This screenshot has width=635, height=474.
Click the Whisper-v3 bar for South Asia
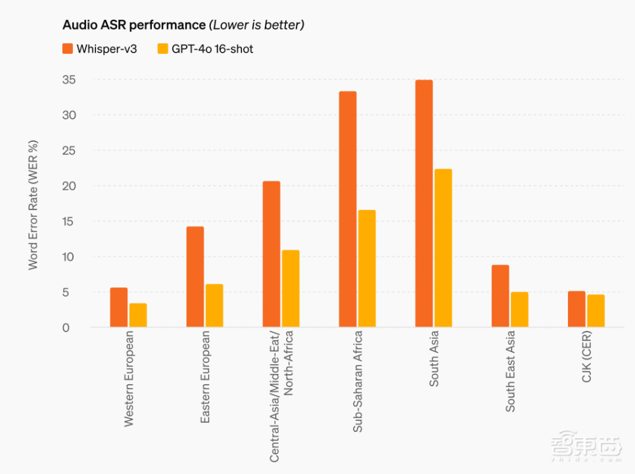point(424,204)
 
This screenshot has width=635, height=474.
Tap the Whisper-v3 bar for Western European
point(119,307)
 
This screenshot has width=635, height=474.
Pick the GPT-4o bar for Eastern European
point(214,305)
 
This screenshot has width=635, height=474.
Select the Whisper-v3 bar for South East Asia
point(500,295)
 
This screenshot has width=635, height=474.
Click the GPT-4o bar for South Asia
point(443,248)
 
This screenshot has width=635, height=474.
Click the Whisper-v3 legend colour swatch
point(68,49)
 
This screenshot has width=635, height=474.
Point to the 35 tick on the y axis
point(69,80)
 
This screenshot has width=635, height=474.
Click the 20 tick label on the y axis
point(69,186)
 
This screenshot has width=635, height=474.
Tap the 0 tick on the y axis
point(66,328)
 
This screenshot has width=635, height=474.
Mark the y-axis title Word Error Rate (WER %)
point(34,205)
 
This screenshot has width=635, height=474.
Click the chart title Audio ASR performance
point(134,26)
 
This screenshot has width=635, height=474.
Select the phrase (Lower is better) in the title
point(256,26)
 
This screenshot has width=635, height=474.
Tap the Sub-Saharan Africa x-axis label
point(358,381)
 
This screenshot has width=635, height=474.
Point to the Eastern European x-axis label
point(205,377)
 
